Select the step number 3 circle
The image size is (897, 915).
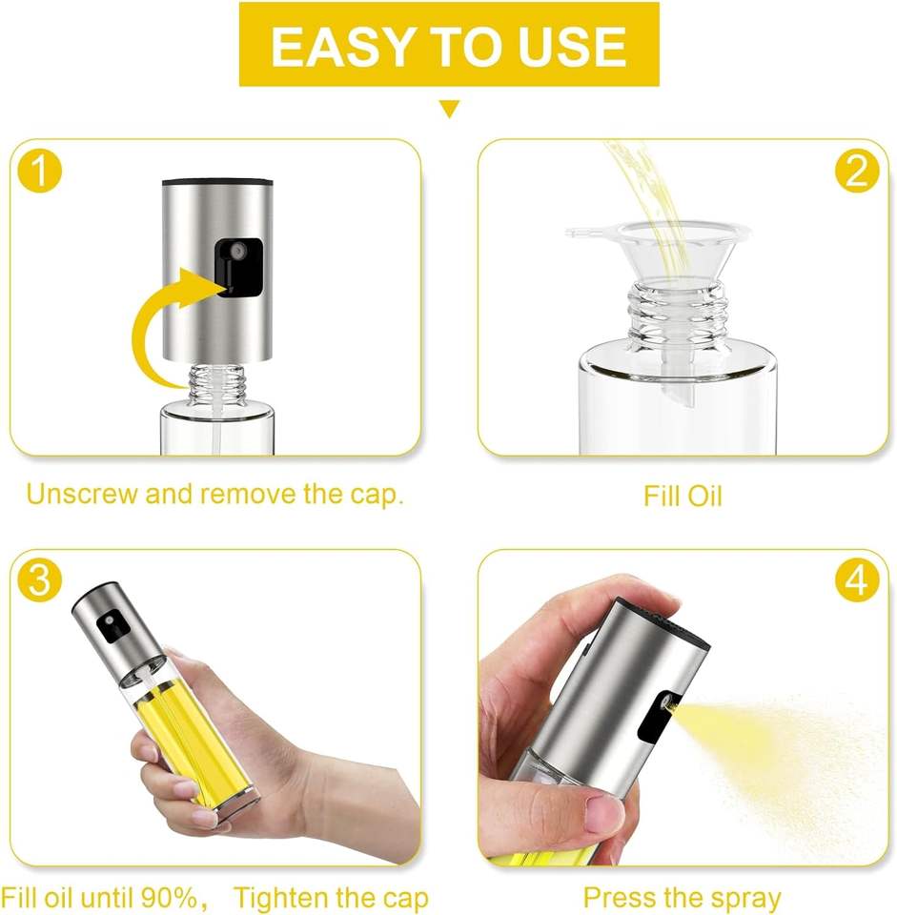(x=38, y=580)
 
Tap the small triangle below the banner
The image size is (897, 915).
(x=449, y=110)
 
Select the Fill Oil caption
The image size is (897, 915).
(x=683, y=497)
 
